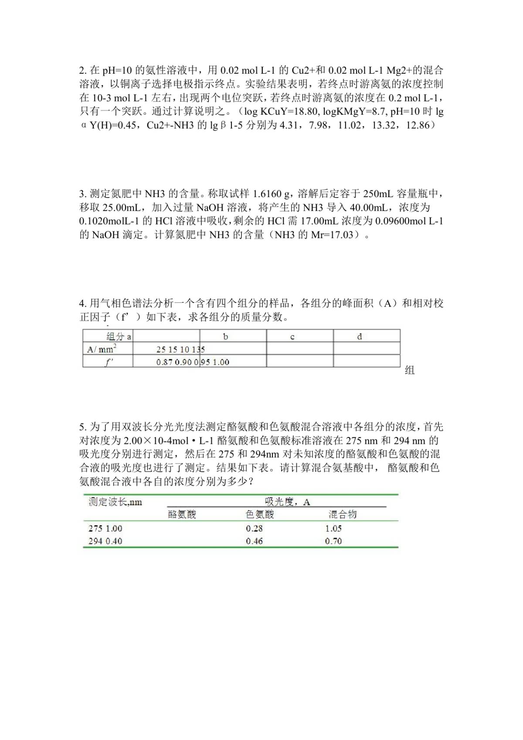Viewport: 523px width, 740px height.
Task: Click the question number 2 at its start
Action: pyautogui.click(x=83, y=71)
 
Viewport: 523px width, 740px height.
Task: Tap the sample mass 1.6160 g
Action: pyautogui.click(x=271, y=194)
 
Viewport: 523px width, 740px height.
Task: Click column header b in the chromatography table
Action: pyautogui.click(x=225, y=336)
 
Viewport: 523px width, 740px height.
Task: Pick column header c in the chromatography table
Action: pyautogui.click(x=292, y=337)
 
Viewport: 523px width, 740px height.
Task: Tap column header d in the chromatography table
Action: pyautogui.click(x=359, y=336)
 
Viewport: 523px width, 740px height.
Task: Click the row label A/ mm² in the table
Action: pyautogui.click(x=102, y=349)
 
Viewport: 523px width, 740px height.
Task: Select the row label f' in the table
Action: pyautogui.click(x=109, y=361)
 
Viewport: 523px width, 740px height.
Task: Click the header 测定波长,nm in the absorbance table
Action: pyautogui.click(x=115, y=502)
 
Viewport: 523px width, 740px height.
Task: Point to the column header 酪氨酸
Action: pyautogui.click(x=182, y=515)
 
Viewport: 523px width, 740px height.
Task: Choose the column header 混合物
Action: pyautogui.click(x=343, y=515)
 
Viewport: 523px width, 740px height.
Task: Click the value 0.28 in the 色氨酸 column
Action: pyautogui.click(x=254, y=529)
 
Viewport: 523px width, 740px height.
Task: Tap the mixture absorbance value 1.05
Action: pyautogui.click(x=333, y=529)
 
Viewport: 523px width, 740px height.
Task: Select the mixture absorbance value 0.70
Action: pyautogui.click(x=333, y=541)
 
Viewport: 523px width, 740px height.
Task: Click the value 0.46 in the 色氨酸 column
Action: pyautogui.click(x=254, y=541)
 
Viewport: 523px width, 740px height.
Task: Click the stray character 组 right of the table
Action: pyautogui.click(x=410, y=370)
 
